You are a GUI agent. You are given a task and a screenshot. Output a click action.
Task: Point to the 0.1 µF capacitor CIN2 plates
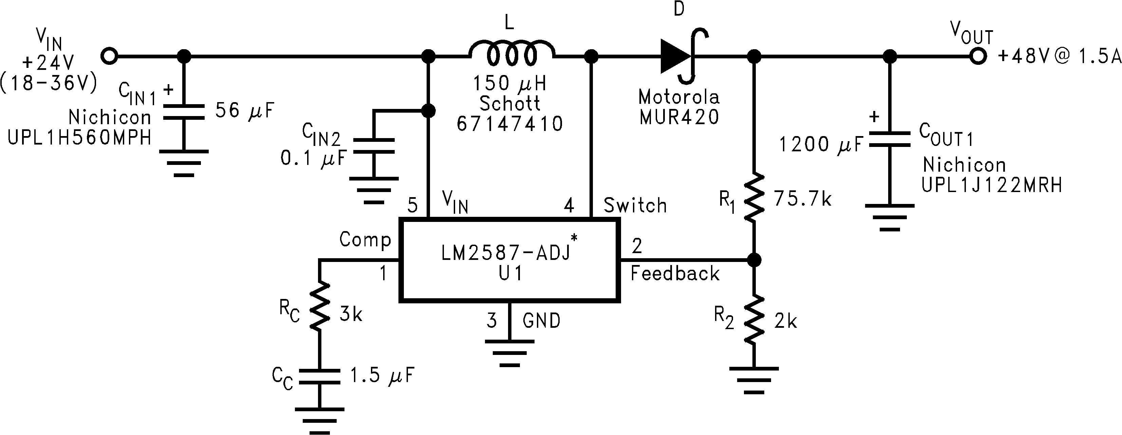373,146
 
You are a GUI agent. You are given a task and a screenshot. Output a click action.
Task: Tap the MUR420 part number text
679,117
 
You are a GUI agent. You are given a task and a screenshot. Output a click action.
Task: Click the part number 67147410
510,124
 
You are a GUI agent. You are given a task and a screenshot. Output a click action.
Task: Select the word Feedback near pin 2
675,274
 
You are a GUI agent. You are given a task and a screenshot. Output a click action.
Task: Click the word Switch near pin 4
635,206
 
